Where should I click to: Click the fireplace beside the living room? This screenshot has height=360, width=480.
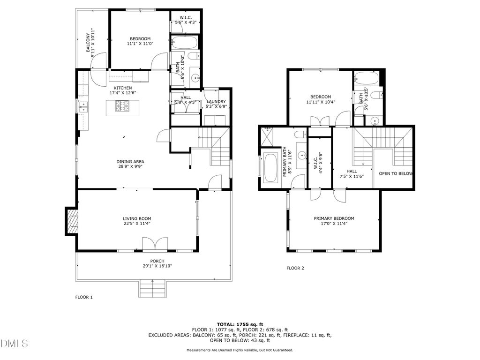[72, 221]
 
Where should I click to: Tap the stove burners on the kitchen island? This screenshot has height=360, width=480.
[122, 106]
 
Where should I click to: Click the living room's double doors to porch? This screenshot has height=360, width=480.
[156, 244]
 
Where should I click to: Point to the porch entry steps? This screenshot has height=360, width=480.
[153, 288]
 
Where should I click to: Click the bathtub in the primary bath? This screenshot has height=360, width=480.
[270, 168]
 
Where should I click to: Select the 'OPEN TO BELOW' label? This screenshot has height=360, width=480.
[396, 173]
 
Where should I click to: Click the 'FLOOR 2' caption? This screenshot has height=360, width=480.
[295, 268]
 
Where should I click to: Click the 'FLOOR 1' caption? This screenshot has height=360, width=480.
[84, 297]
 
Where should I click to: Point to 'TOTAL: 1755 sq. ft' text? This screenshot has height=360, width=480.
[240, 324]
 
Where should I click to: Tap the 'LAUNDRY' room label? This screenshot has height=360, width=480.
[216, 102]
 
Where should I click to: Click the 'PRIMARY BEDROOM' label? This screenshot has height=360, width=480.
[334, 218]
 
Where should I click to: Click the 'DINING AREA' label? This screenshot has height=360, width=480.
[130, 162]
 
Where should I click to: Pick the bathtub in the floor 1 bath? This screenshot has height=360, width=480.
[184, 43]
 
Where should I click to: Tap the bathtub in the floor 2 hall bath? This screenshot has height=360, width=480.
[367, 78]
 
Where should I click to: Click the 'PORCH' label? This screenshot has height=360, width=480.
[157, 261]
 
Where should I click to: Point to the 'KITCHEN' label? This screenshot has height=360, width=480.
[123, 88]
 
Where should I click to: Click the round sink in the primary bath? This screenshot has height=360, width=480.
[302, 155]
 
